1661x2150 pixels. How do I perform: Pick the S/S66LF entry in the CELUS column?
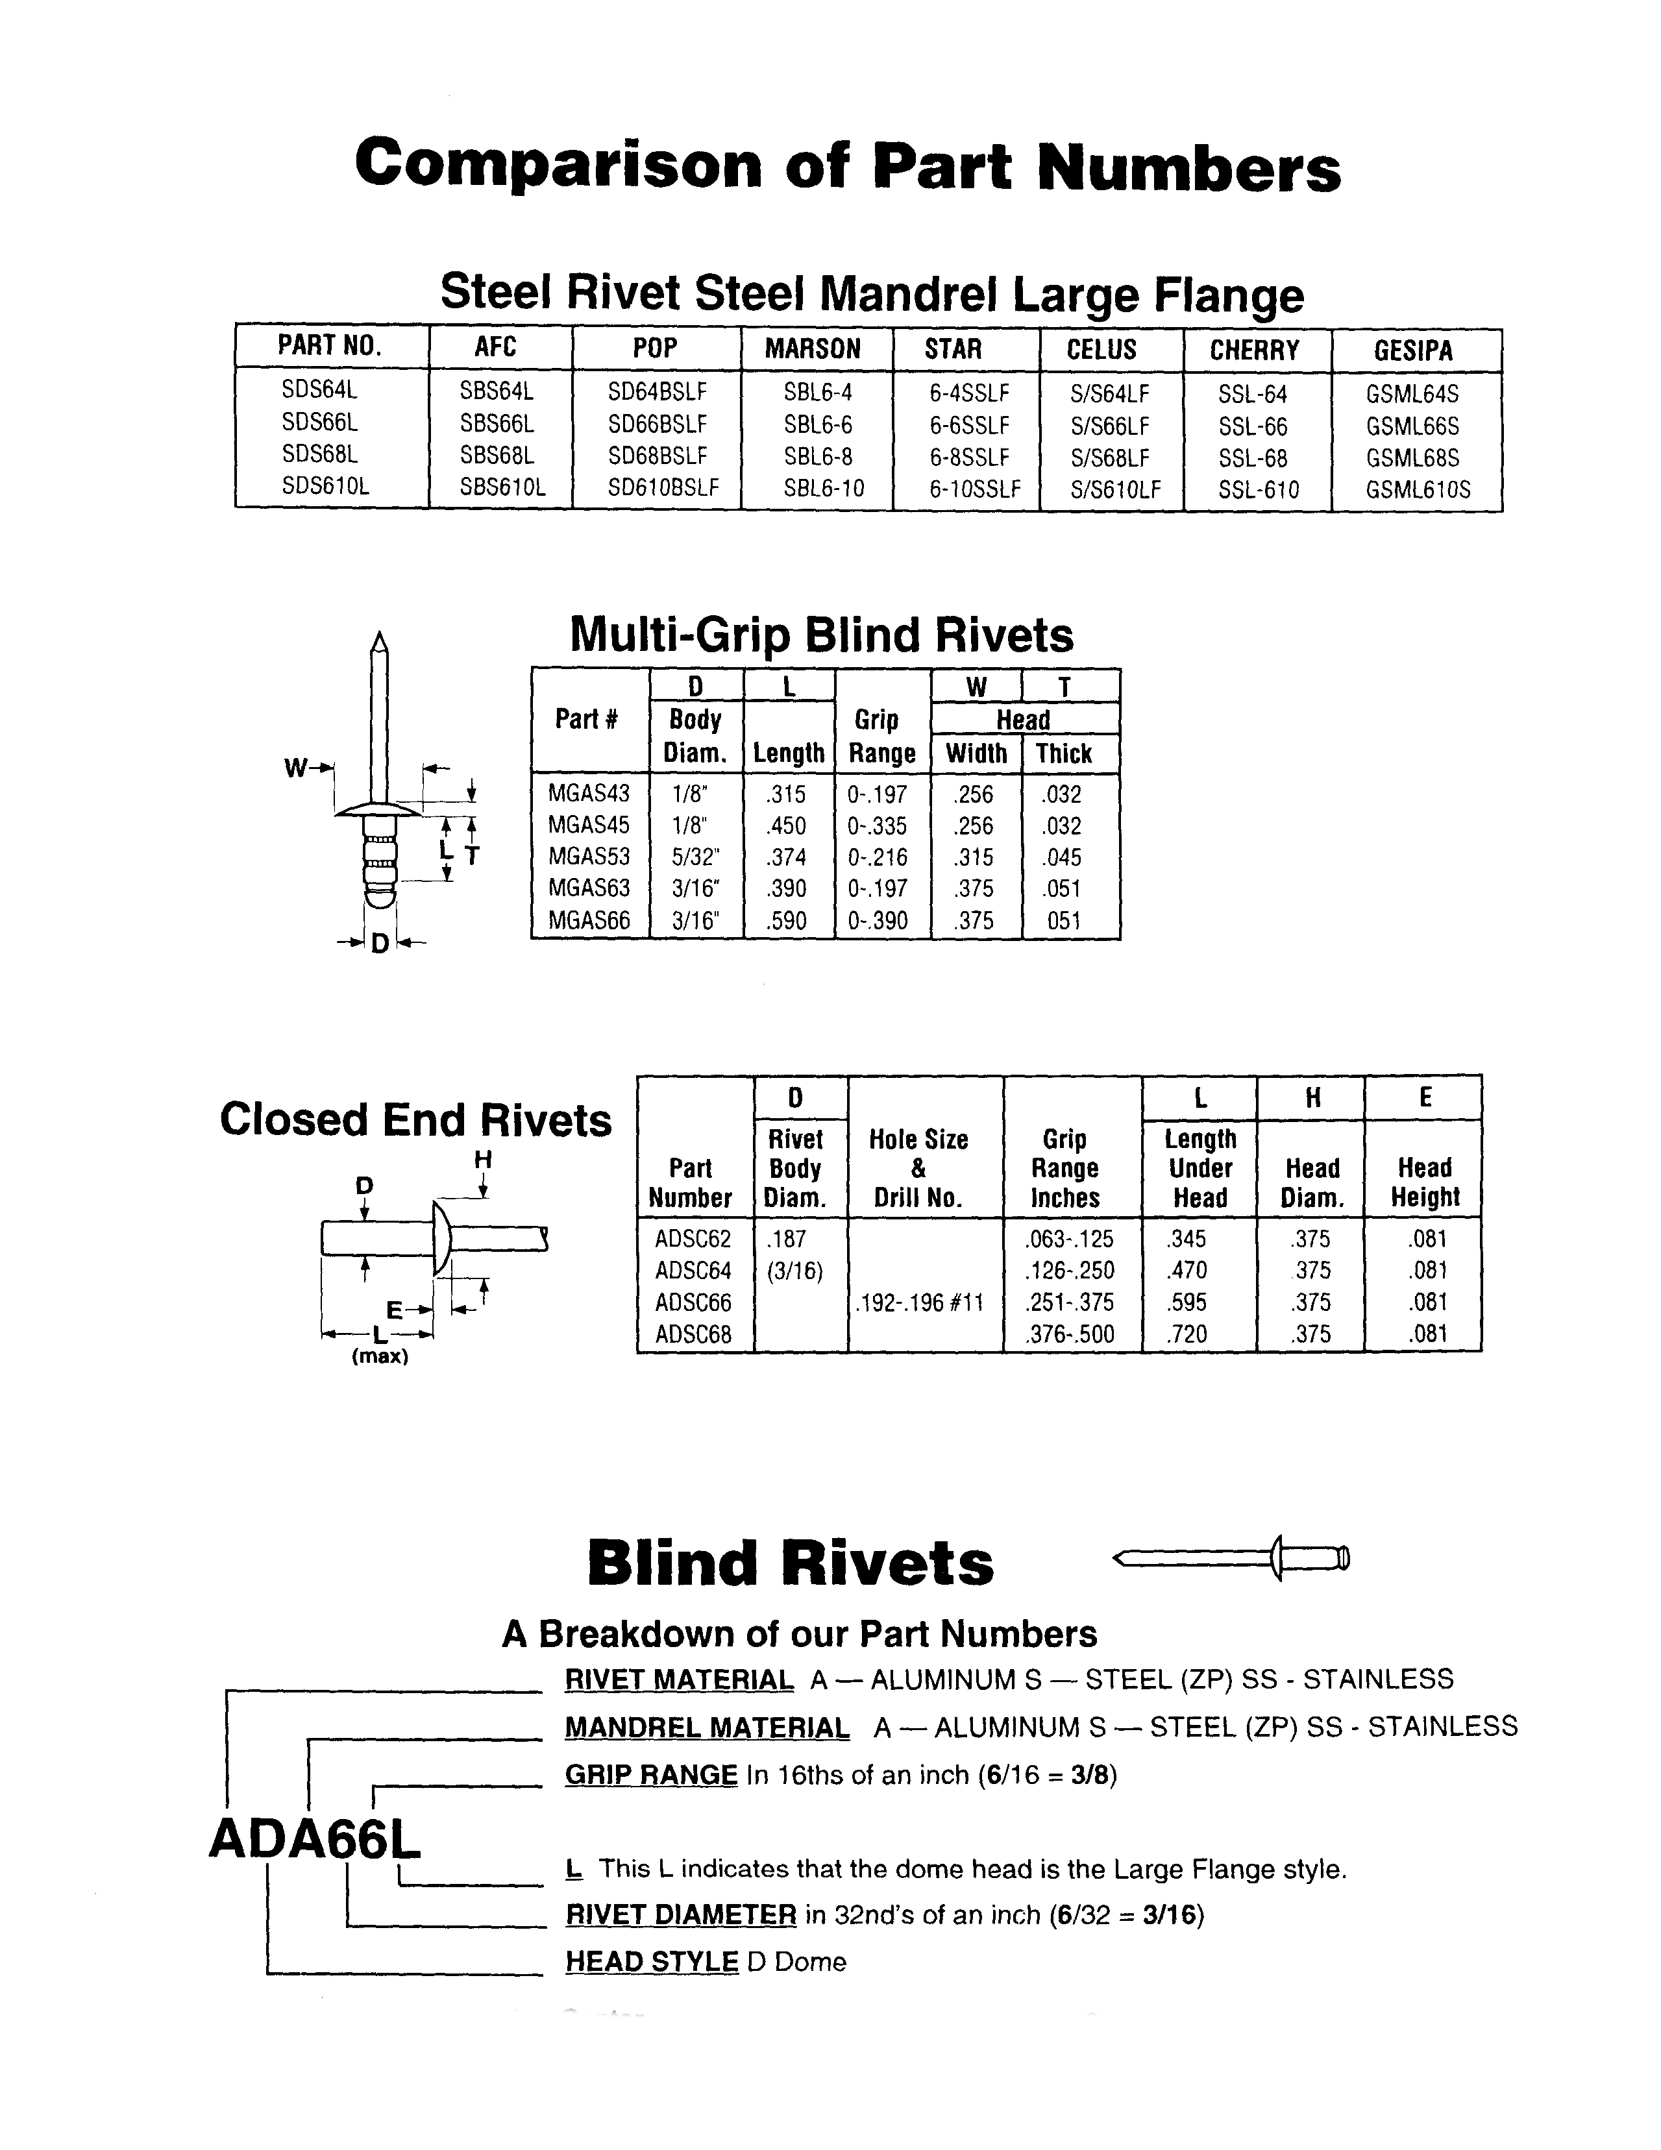pyautogui.click(x=1110, y=426)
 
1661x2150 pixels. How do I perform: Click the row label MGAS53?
pyautogui.click(x=589, y=857)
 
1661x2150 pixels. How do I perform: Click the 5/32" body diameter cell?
pyautogui.click(x=695, y=857)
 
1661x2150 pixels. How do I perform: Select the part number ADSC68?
pyautogui.click(x=693, y=1334)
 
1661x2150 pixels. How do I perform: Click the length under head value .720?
pyautogui.click(x=1187, y=1334)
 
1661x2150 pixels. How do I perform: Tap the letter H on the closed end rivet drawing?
pyautogui.click(x=482, y=1160)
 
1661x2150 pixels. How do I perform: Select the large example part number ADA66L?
pyautogui.click(x=315, y=1837)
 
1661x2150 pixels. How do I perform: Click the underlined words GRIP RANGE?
pyautogui.click(x=651, y=1775)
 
